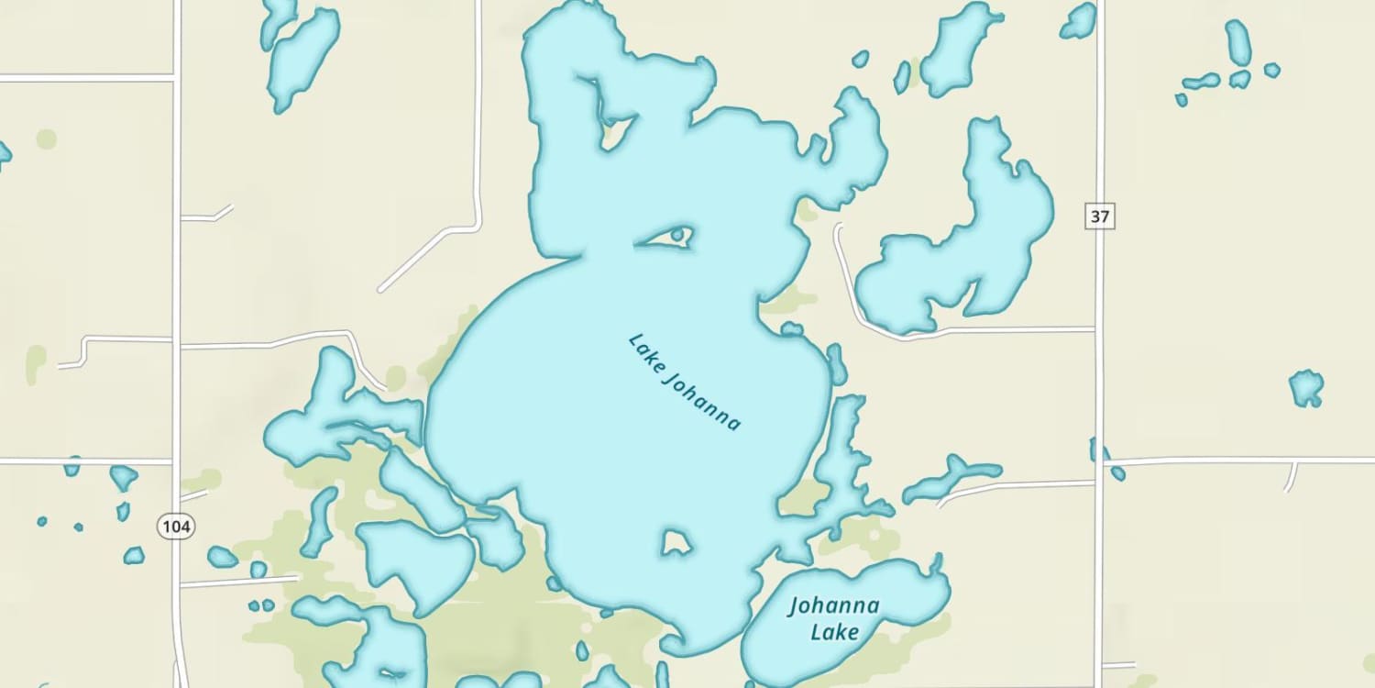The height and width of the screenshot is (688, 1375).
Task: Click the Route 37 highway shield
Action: tap(1101, 216)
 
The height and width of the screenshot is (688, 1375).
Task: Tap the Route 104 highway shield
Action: tap(174, 527)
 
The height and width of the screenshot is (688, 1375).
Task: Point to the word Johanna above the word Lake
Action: tap(834, 606)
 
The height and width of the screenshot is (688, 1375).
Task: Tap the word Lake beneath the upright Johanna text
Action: tap(835, 632)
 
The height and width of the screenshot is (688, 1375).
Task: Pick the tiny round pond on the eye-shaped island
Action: tap(677, 236)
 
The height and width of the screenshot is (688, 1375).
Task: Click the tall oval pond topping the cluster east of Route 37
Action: tap(1238, 42)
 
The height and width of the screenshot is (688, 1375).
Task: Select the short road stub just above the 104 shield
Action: tap(194, 496)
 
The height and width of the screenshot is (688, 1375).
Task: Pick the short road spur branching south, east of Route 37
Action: tap(1292, 475)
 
